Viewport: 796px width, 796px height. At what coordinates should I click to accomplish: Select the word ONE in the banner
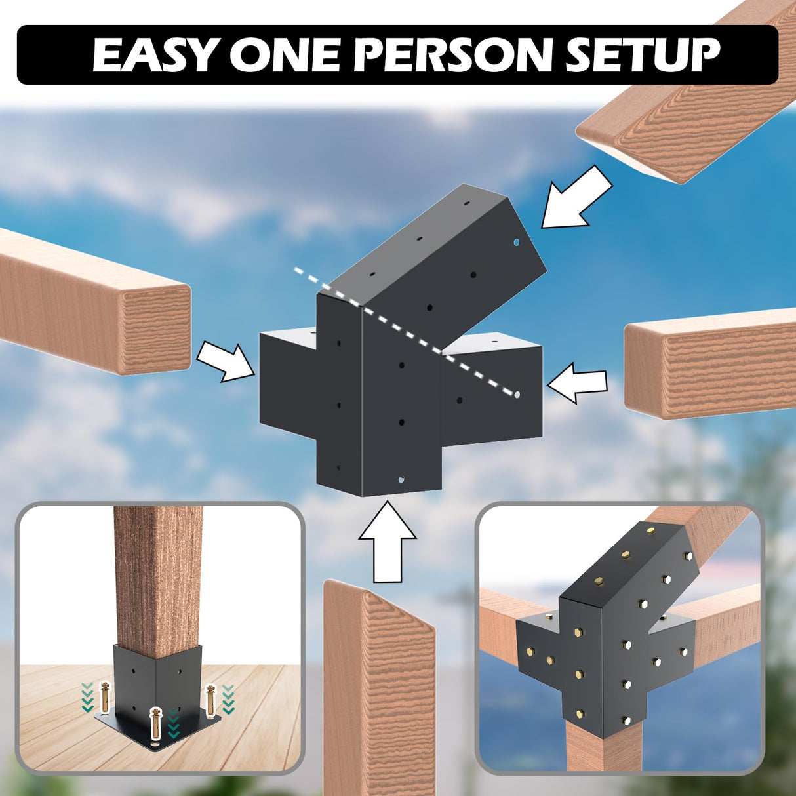pyautogui.click(x=286, y=55)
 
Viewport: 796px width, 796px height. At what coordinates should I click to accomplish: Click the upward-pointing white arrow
pyautogui.click(x=387, y=541)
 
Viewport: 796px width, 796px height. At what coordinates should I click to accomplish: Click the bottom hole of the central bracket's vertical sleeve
pyautogui.click(x=402, y=479)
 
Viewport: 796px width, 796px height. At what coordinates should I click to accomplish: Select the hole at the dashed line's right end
pyautogui.click(x=517, y=395)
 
